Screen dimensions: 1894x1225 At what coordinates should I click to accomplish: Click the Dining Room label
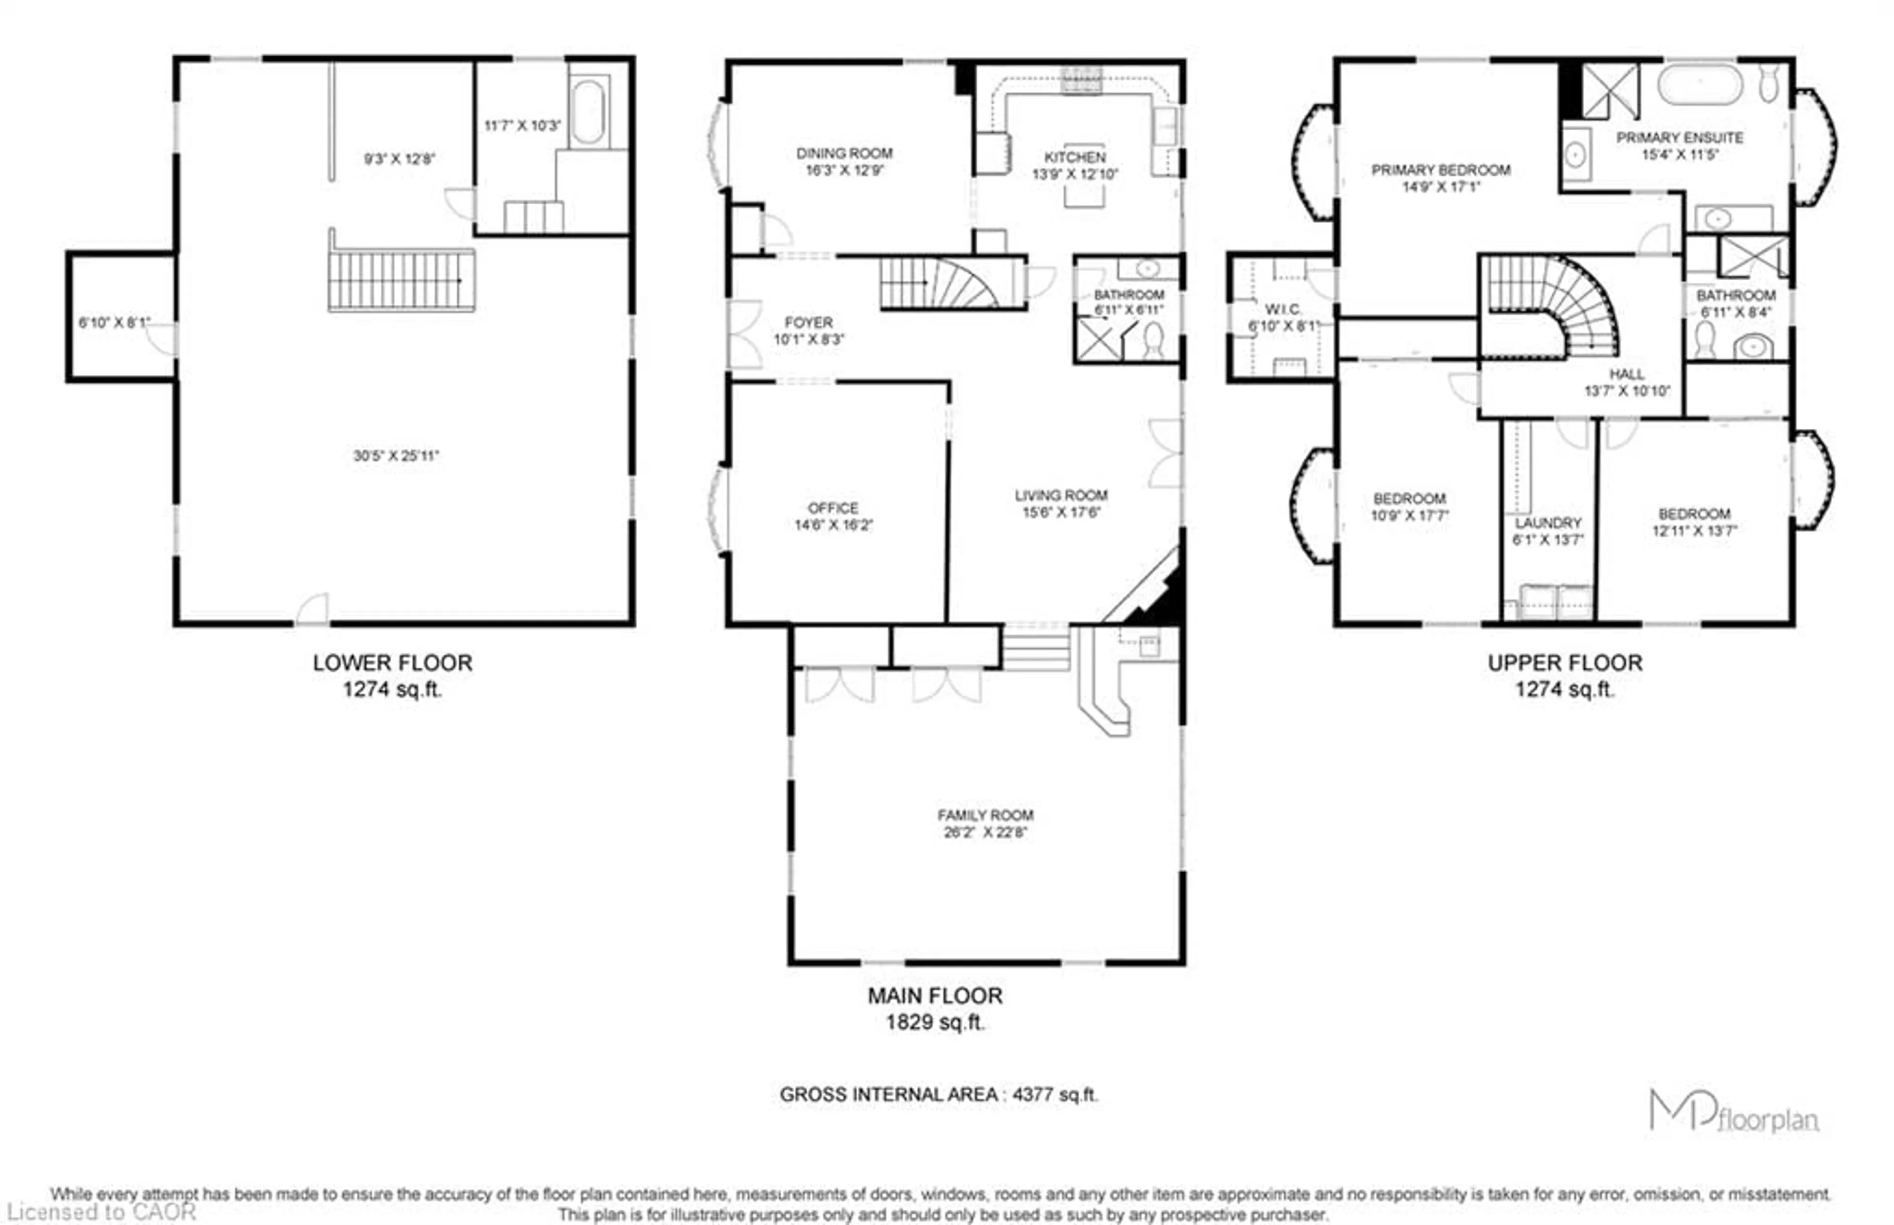(844, 153)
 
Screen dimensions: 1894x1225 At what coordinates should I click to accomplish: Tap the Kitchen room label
(1075, 157)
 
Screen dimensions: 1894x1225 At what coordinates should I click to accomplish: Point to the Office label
(833, 508)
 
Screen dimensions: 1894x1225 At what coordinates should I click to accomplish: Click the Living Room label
(1061, 495)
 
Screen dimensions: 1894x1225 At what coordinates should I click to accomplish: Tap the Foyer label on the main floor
(808, 322)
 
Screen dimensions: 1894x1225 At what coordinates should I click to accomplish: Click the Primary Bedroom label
(1441, 169)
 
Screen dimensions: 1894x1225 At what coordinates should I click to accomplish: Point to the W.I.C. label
(1282, 309)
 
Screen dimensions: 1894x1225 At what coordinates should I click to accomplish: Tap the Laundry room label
(1548, 522)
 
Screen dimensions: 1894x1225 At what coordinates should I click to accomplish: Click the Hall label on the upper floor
(1627, 374)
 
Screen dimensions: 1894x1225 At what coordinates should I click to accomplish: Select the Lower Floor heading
(392, 663)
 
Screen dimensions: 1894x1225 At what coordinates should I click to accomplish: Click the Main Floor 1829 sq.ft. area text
(935, 1022)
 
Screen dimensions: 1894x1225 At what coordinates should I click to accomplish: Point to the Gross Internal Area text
(938, 1095)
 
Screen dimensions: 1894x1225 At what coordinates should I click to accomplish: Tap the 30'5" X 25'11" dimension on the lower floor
(396, 456)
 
